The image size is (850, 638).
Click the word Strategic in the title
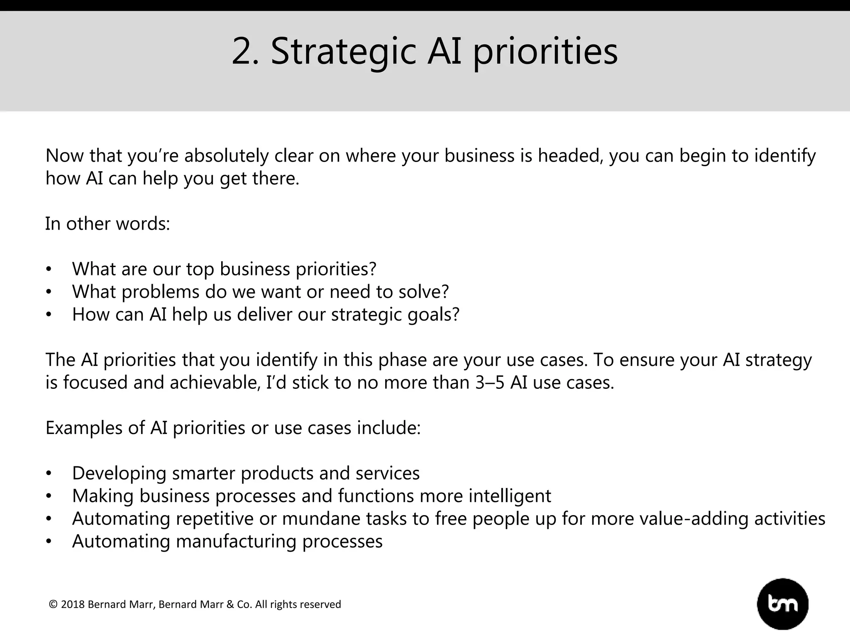tap(343, 52)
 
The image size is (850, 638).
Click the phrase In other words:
tap(107, 224)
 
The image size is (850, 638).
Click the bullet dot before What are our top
tap(49, 270)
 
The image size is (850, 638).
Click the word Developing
tap(119, 474)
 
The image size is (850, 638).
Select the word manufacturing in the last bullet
tap(236, 541)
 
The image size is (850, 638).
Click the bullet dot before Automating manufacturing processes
tap(49, 542)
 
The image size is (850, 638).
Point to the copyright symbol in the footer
tap(53, 604)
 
